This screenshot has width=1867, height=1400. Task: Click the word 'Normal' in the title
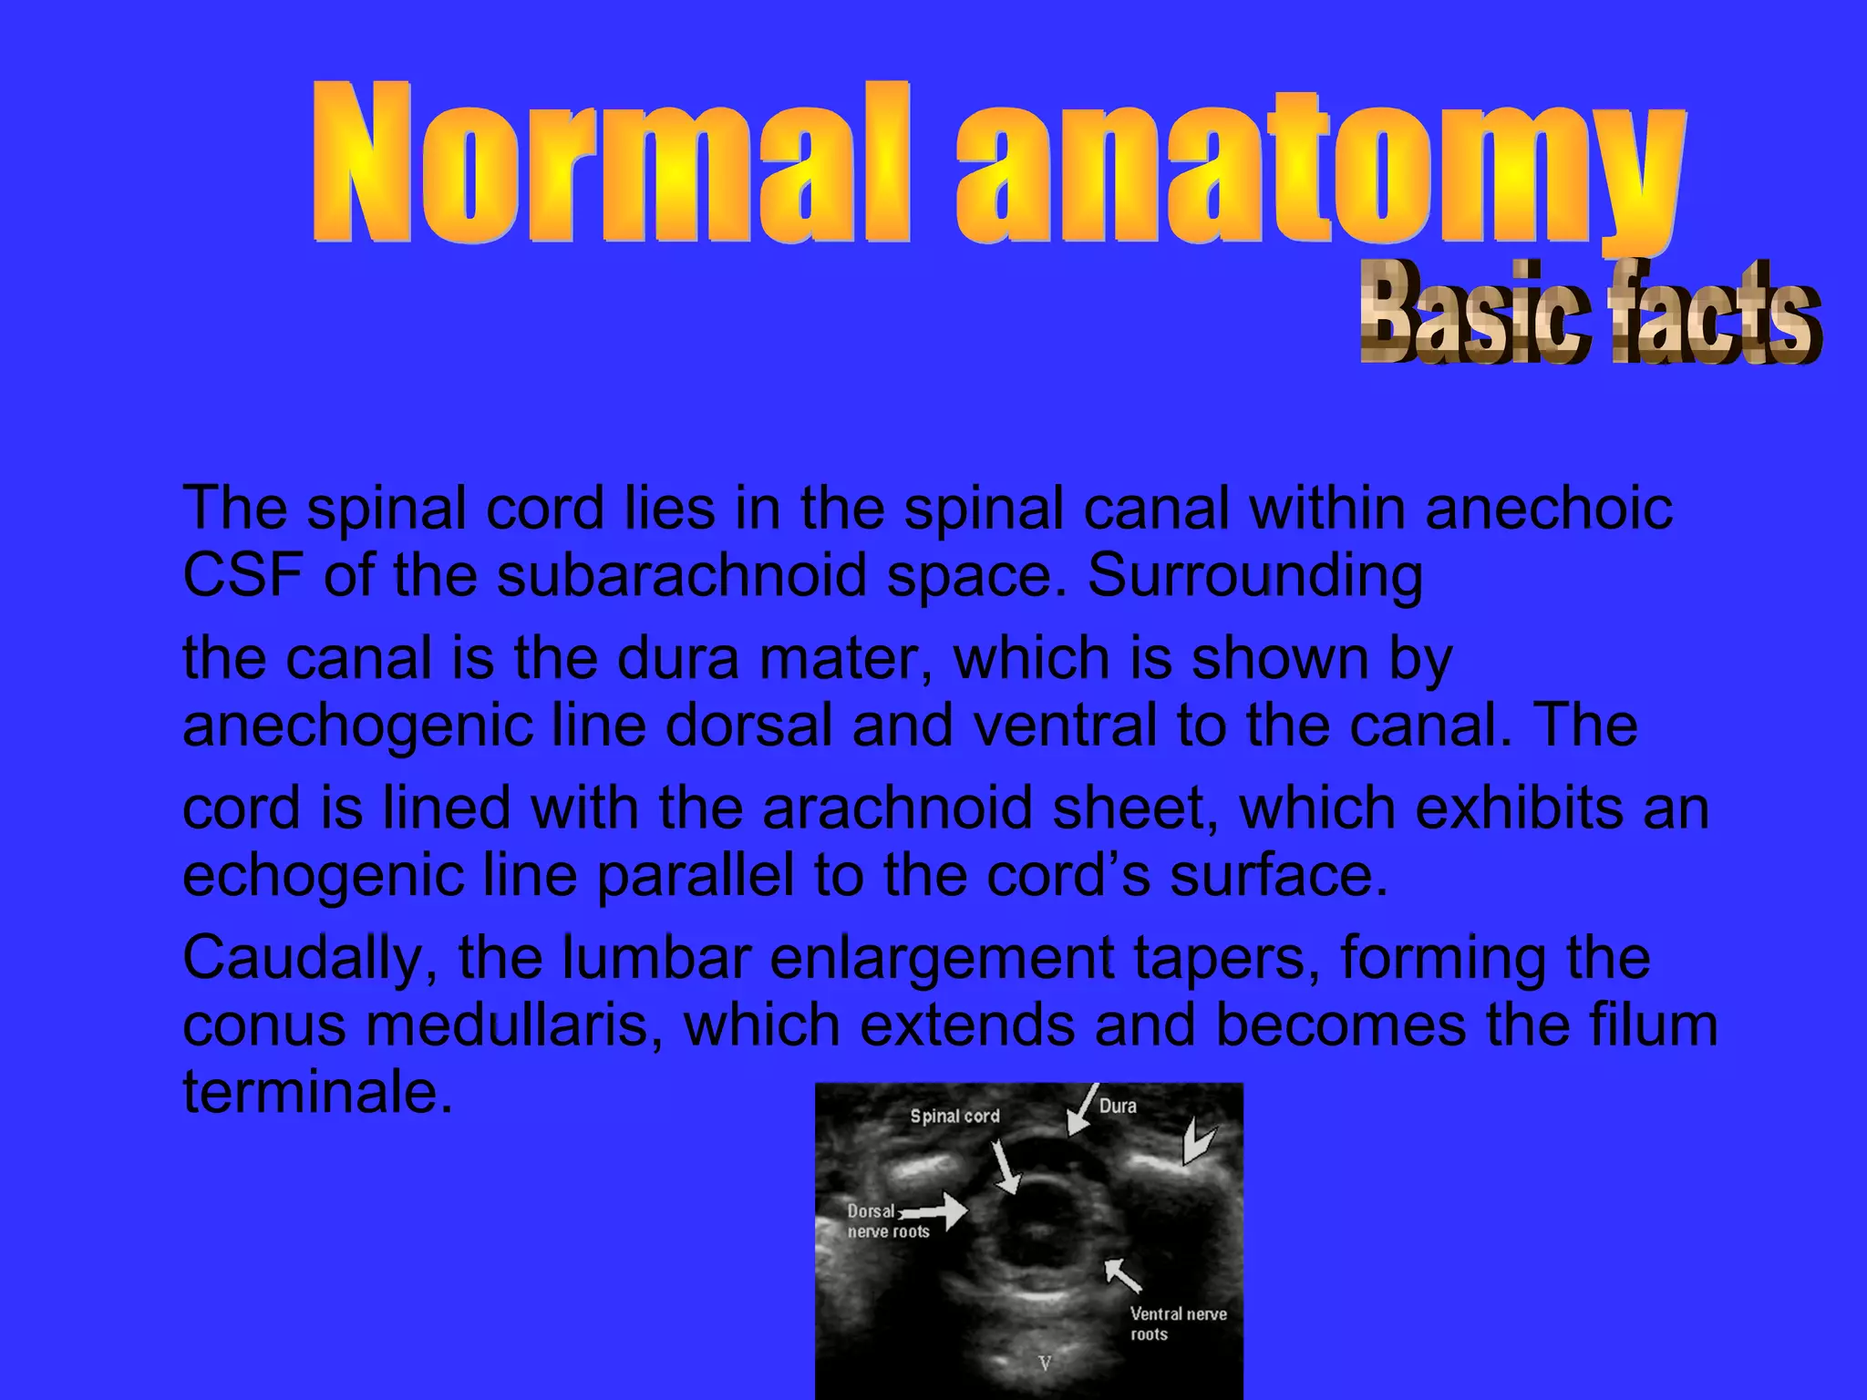(611, 164)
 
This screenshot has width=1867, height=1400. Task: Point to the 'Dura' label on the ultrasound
(1118, 1107)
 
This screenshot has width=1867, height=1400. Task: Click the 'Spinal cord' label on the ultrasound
(954, 1117)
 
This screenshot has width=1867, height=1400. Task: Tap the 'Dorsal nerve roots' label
(886, 1222)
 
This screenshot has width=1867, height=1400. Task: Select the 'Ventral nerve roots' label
(1177, 1324)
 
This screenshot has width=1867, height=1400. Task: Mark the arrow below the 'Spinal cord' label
(1006, 1166)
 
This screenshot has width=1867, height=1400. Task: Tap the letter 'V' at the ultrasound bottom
(1046, 1364)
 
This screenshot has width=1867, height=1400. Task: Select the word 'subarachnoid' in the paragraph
(680, 576)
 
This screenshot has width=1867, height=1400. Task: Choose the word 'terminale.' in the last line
(317, 1092)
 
